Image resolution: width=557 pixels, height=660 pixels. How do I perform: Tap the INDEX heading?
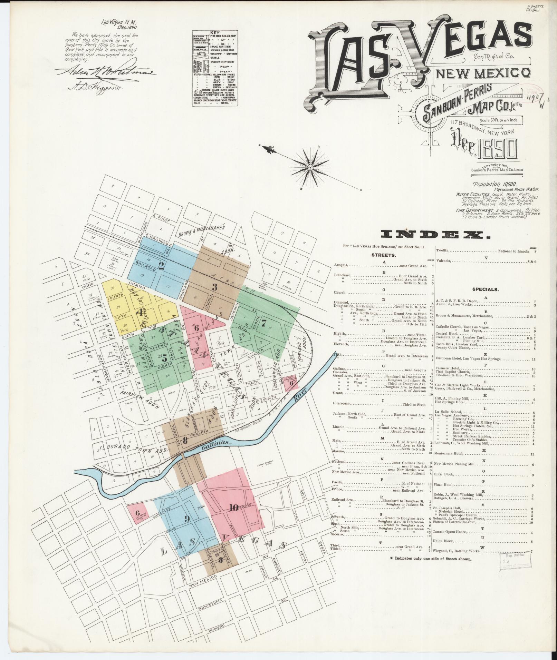pos(436,235)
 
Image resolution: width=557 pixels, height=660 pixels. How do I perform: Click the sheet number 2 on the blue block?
pos(161,265)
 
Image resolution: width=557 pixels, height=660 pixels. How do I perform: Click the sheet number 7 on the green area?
pos(264,323)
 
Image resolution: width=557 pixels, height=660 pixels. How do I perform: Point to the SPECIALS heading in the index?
pos(486,289)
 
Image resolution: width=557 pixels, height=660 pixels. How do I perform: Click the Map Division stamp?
pos(515,564)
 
